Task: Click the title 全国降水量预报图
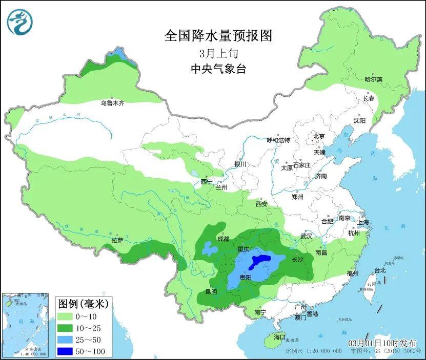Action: (x=217, y=35)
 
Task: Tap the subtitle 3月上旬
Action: (x=217, y=53)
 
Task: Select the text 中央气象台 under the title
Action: (x=217, y=69)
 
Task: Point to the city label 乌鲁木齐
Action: (x=112, y=103)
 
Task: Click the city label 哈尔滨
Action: (x=373, y=79)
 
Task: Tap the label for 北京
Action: (x=319, y=136)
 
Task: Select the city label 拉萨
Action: (x=117, y=240)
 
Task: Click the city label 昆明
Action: (x=211, y=292)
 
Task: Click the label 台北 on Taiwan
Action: (x=380, y=270)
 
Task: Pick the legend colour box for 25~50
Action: (x=66, y=340)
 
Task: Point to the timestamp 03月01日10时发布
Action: (x=382, y=343)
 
